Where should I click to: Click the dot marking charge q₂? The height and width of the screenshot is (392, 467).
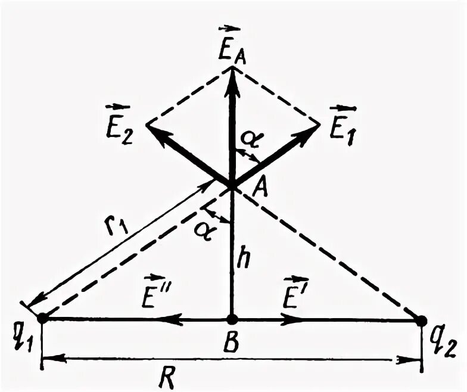coord(421,321)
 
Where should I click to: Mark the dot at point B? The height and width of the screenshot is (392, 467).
coord(232,320)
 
